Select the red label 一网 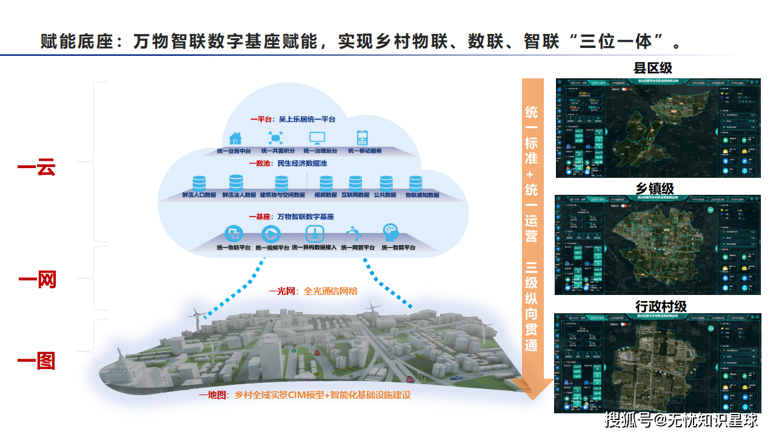pyautogui.click(x=37, y=280)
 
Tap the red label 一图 pyautogui.click(x=37, y=361)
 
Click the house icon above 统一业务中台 pyautogui.click(x=235, y=138)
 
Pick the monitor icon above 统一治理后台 pyautogui.click(x=317, y=138)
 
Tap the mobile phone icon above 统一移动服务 pyautogui.click(x=363, y=138)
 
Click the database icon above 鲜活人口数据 pyautogui.click(x=199, y=183)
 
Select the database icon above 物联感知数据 pyautogui.click(x=415, y=183)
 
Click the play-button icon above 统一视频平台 pyautogui.click(x=271, y=234)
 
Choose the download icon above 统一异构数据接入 pyautogui.click(x=314, y=234)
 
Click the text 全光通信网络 pyautogui.click(x=330, y=291)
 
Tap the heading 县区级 pyautogui.click(x=652, y=67)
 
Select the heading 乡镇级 pyautogui.click(x=655, y=189)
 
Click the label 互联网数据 pyautogui.click(x=355, y=195)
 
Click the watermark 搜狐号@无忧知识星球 pyautogui.click(x=681, y=419)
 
